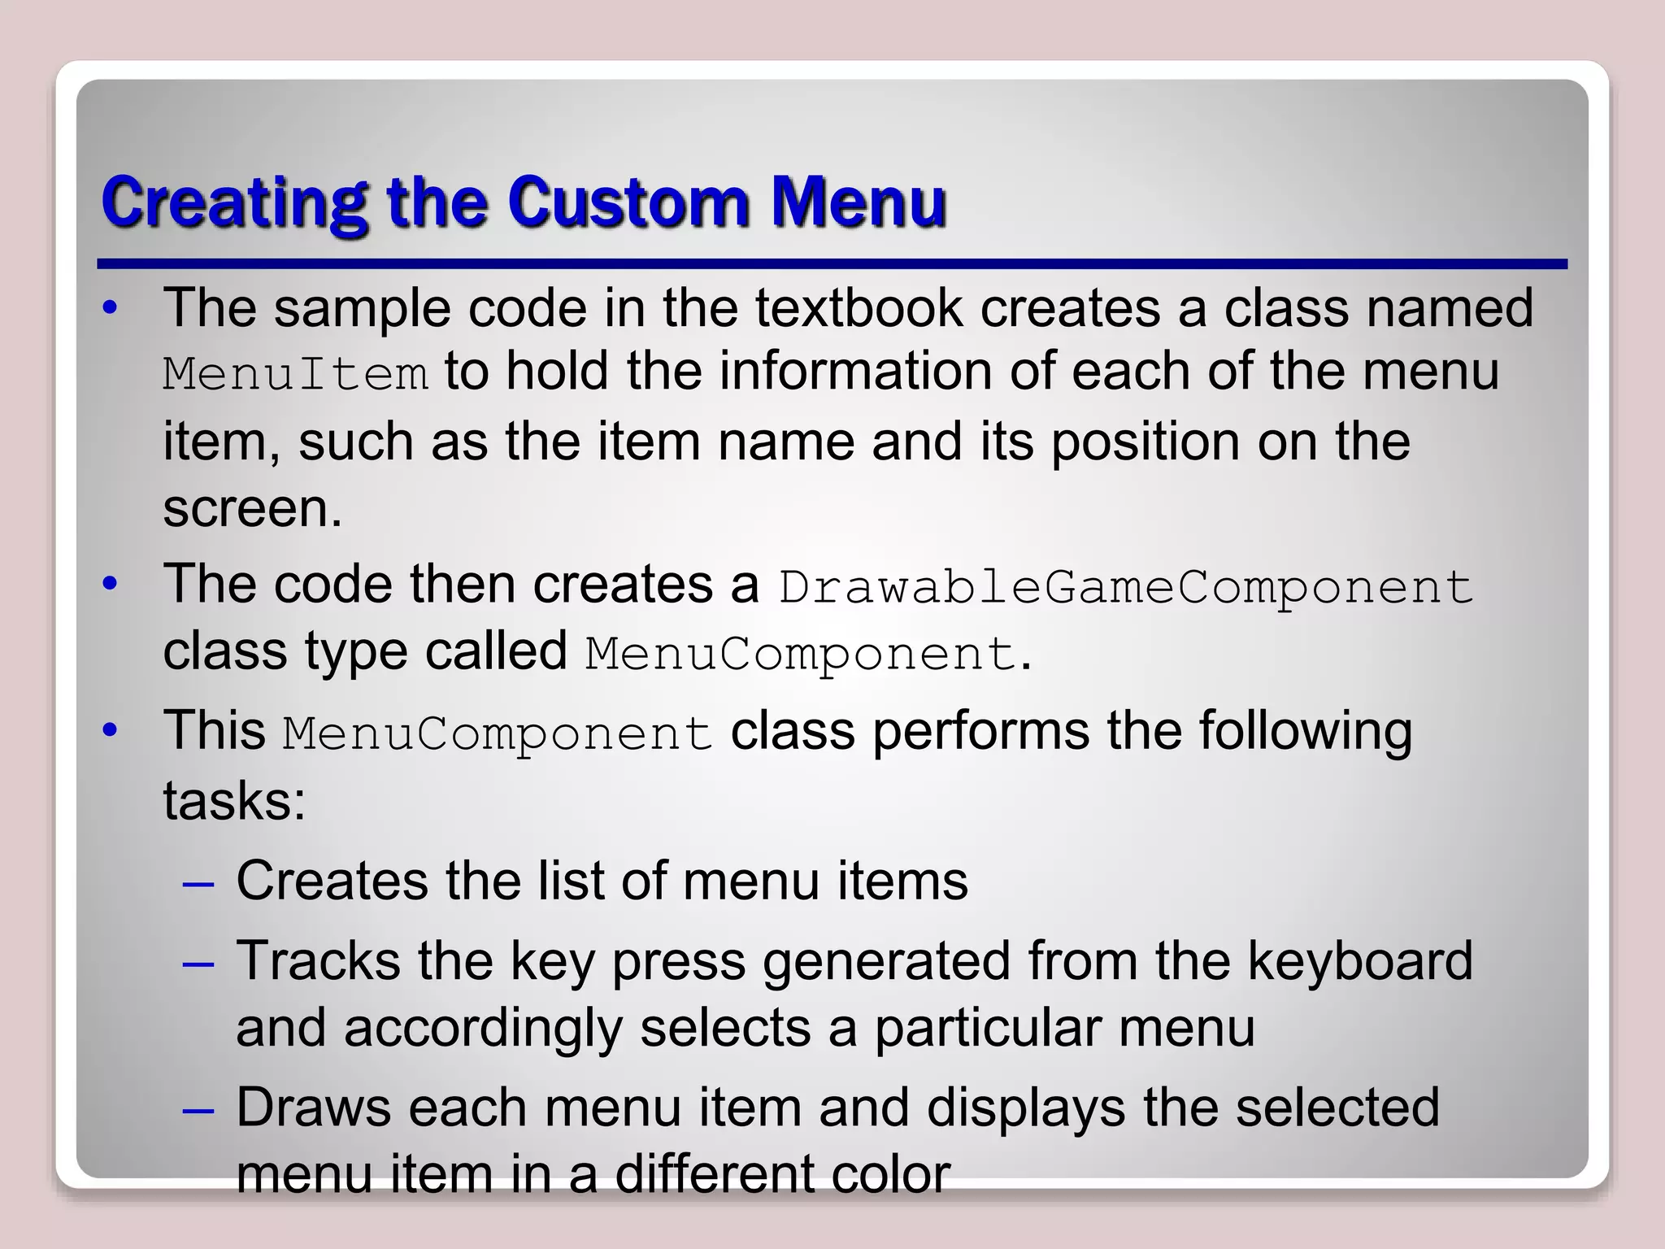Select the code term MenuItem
point(295,375)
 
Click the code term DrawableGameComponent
point(1126,586)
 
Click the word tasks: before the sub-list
point(234,801)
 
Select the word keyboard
point(1359,961)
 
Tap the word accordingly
point(483,1028)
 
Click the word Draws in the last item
point(313,1108)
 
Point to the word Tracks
point(318,961)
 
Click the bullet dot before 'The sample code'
point(111,308)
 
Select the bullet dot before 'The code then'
point(111,584)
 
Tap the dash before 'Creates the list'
point(198,882)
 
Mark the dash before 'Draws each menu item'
point(198,1109)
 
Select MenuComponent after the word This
point(498,733)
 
